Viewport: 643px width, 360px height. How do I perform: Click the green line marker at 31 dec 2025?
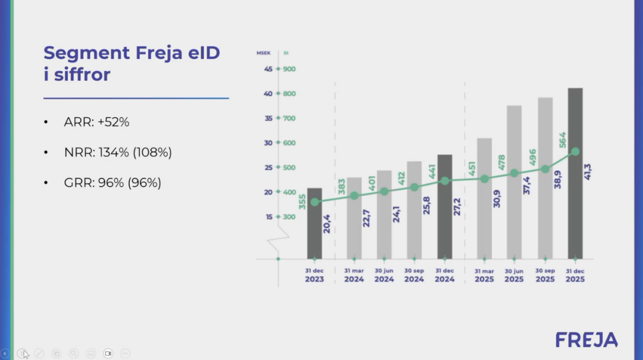pos(575,152)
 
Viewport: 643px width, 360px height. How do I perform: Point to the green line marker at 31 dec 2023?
pos(315,202)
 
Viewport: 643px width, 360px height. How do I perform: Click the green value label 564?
pos(562,140)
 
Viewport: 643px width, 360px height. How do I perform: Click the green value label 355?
pos(302,201)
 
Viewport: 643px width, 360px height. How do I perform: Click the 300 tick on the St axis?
pos(289,217)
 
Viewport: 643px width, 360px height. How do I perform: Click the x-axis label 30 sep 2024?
pos(414,275)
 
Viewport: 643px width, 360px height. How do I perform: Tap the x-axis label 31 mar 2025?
pos(484,275)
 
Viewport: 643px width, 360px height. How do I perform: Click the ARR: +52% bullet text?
pos(96,122)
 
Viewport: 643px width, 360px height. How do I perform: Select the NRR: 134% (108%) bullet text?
pos(117,153)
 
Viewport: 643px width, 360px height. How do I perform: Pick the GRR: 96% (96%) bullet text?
pos(113,183)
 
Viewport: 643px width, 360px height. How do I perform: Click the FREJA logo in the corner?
pos(586,340)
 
